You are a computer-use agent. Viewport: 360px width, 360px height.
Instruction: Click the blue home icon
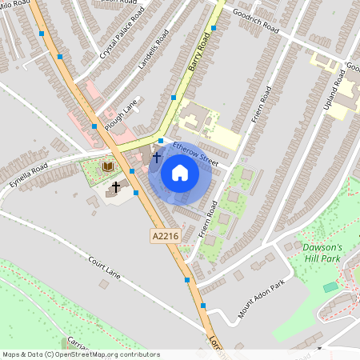click(180, 173)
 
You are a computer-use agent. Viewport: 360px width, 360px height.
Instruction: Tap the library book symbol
click(108, 166)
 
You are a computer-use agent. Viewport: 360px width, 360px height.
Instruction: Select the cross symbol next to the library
click(116, 186)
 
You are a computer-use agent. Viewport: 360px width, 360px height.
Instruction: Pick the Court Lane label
click(104, 268)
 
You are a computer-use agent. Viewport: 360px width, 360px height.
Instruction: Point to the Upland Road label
click(342, 88)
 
